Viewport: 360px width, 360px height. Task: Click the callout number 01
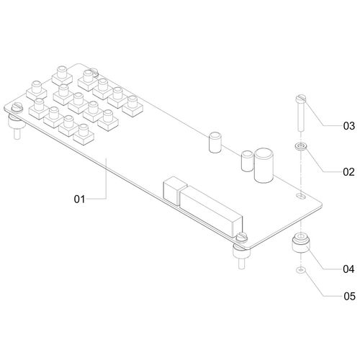[79, 199]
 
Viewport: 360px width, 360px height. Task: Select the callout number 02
[348, 172]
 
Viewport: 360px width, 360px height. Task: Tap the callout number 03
[348, 126]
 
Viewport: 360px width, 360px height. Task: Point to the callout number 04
[348, 269]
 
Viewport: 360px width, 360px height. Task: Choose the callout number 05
[349, 297]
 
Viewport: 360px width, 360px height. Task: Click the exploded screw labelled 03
[300, 113]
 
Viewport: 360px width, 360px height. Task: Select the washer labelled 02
[300, 146]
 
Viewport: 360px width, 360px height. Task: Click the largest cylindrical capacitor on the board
[264, 166]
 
